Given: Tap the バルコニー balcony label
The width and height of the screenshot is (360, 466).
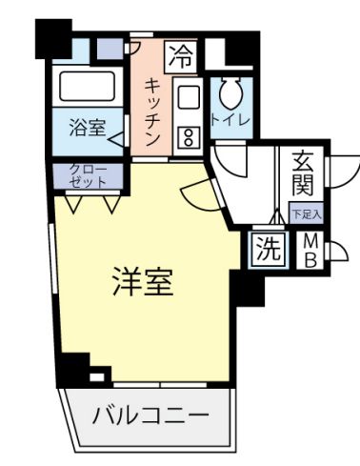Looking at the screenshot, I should click(x=150, y=415).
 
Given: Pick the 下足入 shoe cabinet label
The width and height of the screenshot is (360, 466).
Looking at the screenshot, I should click(x=307, y=213).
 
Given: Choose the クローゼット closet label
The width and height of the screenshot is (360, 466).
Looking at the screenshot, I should click(x=87, y=174).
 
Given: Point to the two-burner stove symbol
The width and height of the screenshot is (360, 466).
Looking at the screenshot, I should click(x=187, y=136).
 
